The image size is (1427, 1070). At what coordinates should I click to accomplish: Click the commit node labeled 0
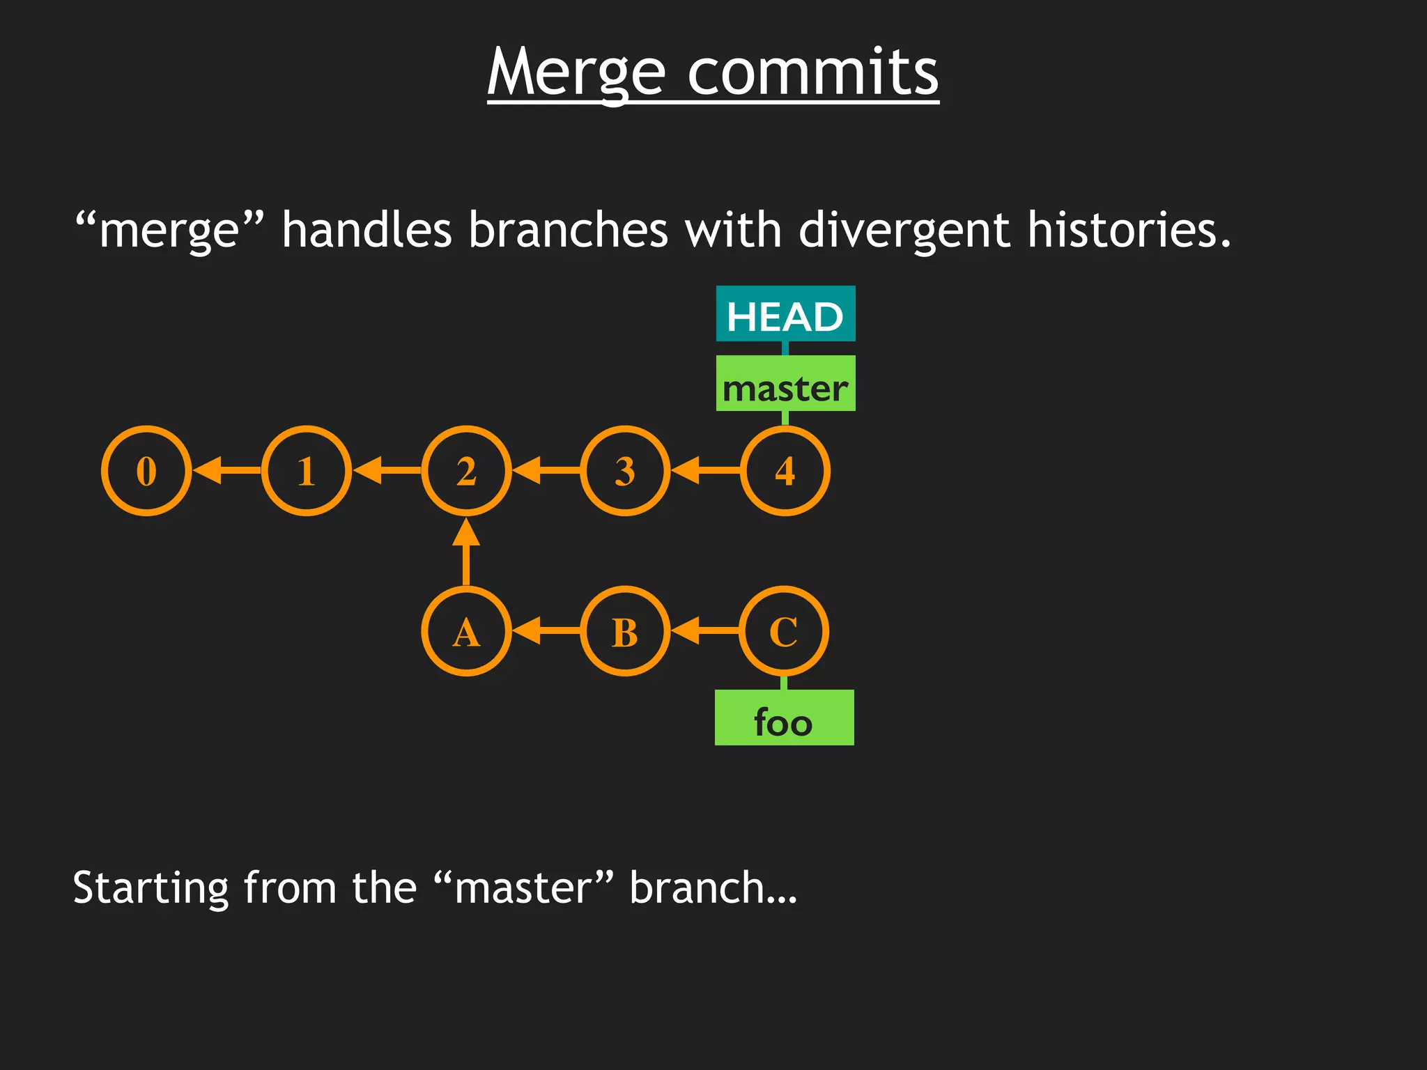coord(146,471)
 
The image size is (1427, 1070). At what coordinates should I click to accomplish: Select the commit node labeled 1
coord(307,471)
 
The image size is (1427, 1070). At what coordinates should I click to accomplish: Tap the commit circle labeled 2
coord(466,471)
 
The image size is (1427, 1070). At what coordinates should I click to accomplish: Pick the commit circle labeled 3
coord(625,471)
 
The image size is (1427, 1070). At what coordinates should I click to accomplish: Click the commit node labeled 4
coord(785,471)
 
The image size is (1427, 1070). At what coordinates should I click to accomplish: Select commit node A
coord(466,631)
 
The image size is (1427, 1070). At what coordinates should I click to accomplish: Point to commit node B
coord(625,631)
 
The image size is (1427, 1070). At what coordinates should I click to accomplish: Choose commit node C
coord(784,631)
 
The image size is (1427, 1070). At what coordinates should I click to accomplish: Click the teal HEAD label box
coord(785,314)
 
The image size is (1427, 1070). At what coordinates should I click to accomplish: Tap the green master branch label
coord(785,384)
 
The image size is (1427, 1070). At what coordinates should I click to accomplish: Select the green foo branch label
coord(784,718)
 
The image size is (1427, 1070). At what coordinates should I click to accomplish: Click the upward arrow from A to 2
coord(466,553)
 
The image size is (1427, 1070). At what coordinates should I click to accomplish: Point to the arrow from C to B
coord(704,631)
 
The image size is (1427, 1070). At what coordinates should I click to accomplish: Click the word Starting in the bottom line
coord(151,888)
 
